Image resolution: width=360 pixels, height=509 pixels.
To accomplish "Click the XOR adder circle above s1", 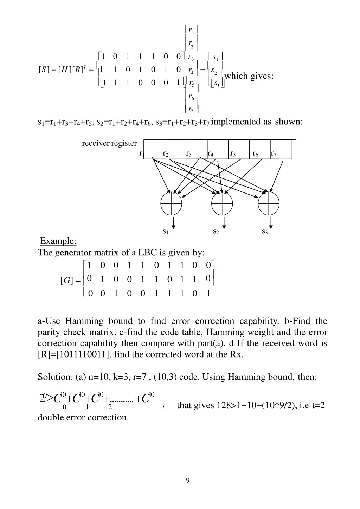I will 171,204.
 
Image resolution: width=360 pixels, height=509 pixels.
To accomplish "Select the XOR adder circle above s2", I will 222,204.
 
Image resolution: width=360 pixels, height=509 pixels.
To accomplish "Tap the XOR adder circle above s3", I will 269,204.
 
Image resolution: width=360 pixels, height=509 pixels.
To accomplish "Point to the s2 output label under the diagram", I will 216,231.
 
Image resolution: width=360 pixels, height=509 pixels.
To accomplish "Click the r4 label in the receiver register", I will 211,154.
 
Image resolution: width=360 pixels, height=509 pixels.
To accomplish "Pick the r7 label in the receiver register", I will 274,154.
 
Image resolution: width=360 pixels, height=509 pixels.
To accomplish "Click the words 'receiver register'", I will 109,143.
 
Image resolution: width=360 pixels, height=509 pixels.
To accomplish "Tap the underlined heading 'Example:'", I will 58,241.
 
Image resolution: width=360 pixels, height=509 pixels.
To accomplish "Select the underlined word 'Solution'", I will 54,377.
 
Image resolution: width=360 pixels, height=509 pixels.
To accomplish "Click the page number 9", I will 188,481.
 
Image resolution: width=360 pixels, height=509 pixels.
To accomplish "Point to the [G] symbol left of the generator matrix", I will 67,280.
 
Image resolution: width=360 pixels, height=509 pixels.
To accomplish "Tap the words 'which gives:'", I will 249,76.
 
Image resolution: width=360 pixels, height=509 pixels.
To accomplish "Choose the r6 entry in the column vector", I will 191,97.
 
